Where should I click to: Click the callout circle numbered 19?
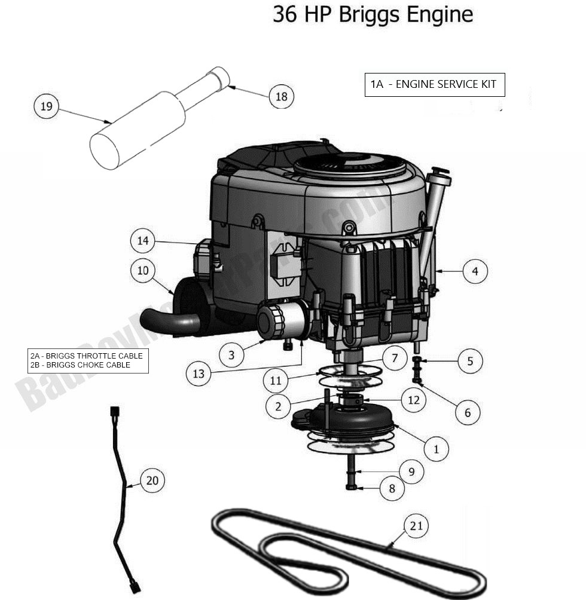point(47,107)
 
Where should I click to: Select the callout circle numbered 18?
point(281,96)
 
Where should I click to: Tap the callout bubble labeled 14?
point(142,241)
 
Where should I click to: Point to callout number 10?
point(143,271)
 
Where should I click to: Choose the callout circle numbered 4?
point(475,271)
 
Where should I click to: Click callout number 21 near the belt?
point(417,525)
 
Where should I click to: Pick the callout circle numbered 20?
point(152,480)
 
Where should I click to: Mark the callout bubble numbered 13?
point(199,374)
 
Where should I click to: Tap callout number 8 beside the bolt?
point(392,488)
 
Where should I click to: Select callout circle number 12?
point(414,400)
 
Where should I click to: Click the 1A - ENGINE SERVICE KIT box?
point(434,84)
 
